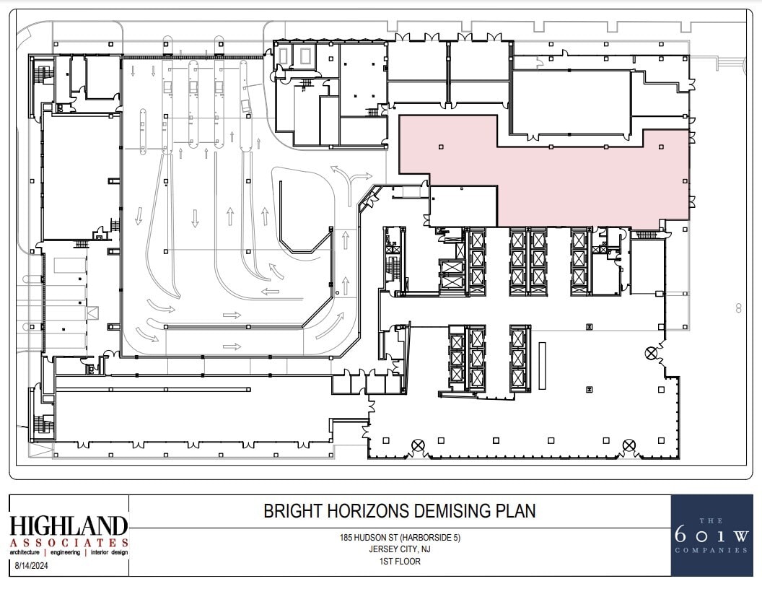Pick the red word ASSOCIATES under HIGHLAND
click(x=69, y=542)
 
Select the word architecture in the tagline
click(x=30, y=552)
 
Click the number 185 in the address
click(x=347, y=538)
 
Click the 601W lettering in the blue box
click(x=711, y=536)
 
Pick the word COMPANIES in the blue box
click(x=711, y=550)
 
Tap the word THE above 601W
click(x=711, y=520)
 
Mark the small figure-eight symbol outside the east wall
click(x=738, y=308)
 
